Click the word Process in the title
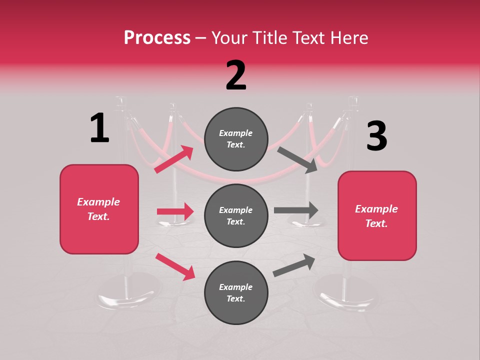[x=157, y=37]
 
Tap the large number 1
[x=99, y=128]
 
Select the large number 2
[x=236, y=75]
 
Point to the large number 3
[x=376, y=136]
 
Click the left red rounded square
[x=99, y=209]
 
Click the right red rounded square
[x=377, y=216]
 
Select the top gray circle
[x=236, y=139]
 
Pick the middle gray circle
[x=236, y=215]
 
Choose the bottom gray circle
[x=236, y=292]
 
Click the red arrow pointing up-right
[x=174, y=159]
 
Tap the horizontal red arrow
[x=175, y=211]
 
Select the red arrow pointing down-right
[x=175, y=266]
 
